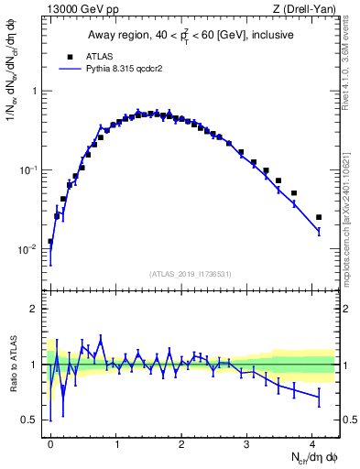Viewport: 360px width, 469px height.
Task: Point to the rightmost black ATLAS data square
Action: [319, 217]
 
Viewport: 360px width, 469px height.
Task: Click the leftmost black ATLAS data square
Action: [50, 242]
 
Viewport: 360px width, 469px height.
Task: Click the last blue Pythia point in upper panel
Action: [319, 232]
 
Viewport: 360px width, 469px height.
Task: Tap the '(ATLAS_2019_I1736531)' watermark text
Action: [191, 273]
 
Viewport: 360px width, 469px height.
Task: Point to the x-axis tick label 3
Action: [247, 442]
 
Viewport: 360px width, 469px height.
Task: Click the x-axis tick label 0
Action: [50, 442]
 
